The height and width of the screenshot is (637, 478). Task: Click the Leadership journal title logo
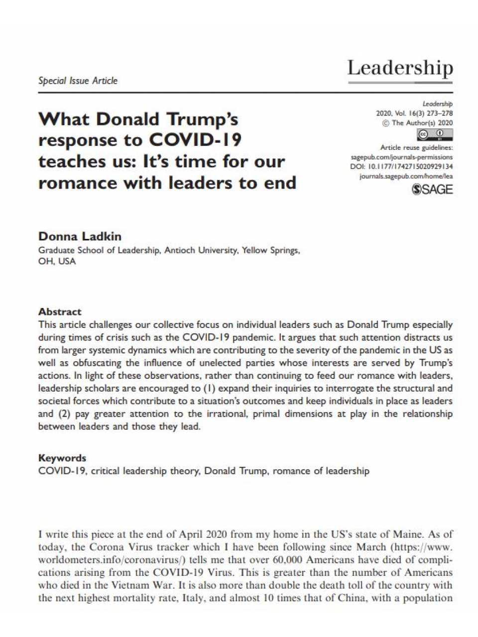point(400,68)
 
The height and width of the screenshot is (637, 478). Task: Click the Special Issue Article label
point(78,81)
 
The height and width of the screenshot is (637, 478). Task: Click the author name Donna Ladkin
point(80,236)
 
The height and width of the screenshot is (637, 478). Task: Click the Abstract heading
point(60,312)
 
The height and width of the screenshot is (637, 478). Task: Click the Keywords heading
point(62,458)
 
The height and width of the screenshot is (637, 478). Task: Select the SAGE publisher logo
point(433,189)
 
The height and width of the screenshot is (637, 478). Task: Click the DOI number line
point(401,167)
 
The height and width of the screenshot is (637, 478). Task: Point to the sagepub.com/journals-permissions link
point(402,157)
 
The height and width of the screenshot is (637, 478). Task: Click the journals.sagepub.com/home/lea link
point(406,176)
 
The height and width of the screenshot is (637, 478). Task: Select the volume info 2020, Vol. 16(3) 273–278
point(414,113)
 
